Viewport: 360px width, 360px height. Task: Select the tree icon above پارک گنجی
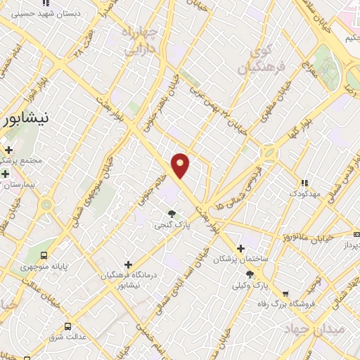(x=172, y=213)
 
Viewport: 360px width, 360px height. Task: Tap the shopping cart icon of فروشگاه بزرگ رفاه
(x=285, y=295)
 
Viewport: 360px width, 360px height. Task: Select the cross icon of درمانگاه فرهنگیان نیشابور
(x=127, y=264)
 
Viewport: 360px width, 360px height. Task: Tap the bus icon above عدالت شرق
(x=68, y=326)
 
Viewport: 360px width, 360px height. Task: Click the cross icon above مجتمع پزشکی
(x=8, y=150)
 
